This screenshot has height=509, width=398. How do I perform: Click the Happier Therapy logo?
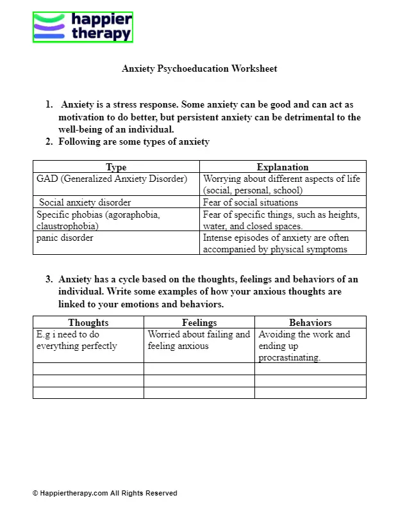pyautogui.click(x=83, y=27)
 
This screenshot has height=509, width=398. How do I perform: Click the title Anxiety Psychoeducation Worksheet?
pyautogui.click(x=199, y=69)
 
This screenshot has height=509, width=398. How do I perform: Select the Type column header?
pyautogui.click(x=116, y=167)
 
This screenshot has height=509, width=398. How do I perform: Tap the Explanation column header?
pyautogui.click(x=283, y=167)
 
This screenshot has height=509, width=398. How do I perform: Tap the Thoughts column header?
pyautogui.click(x=88, y=323)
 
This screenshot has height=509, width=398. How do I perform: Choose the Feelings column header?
pyautogui.click(x=199, y=323)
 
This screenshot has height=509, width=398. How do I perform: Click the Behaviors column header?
pyautogui.click(x=310, y=323)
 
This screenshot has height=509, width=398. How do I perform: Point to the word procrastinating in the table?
pyautogui.click(x=289, y=358)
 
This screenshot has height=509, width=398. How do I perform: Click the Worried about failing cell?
pyautogui.click(x=199, y=340)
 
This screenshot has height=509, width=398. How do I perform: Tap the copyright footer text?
pyautogui.click(x=104, y=493)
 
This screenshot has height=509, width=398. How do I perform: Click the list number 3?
pyautogui.click(x=49, y=279)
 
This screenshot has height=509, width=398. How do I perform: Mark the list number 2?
pyautogui.click(x=49, y=141)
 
